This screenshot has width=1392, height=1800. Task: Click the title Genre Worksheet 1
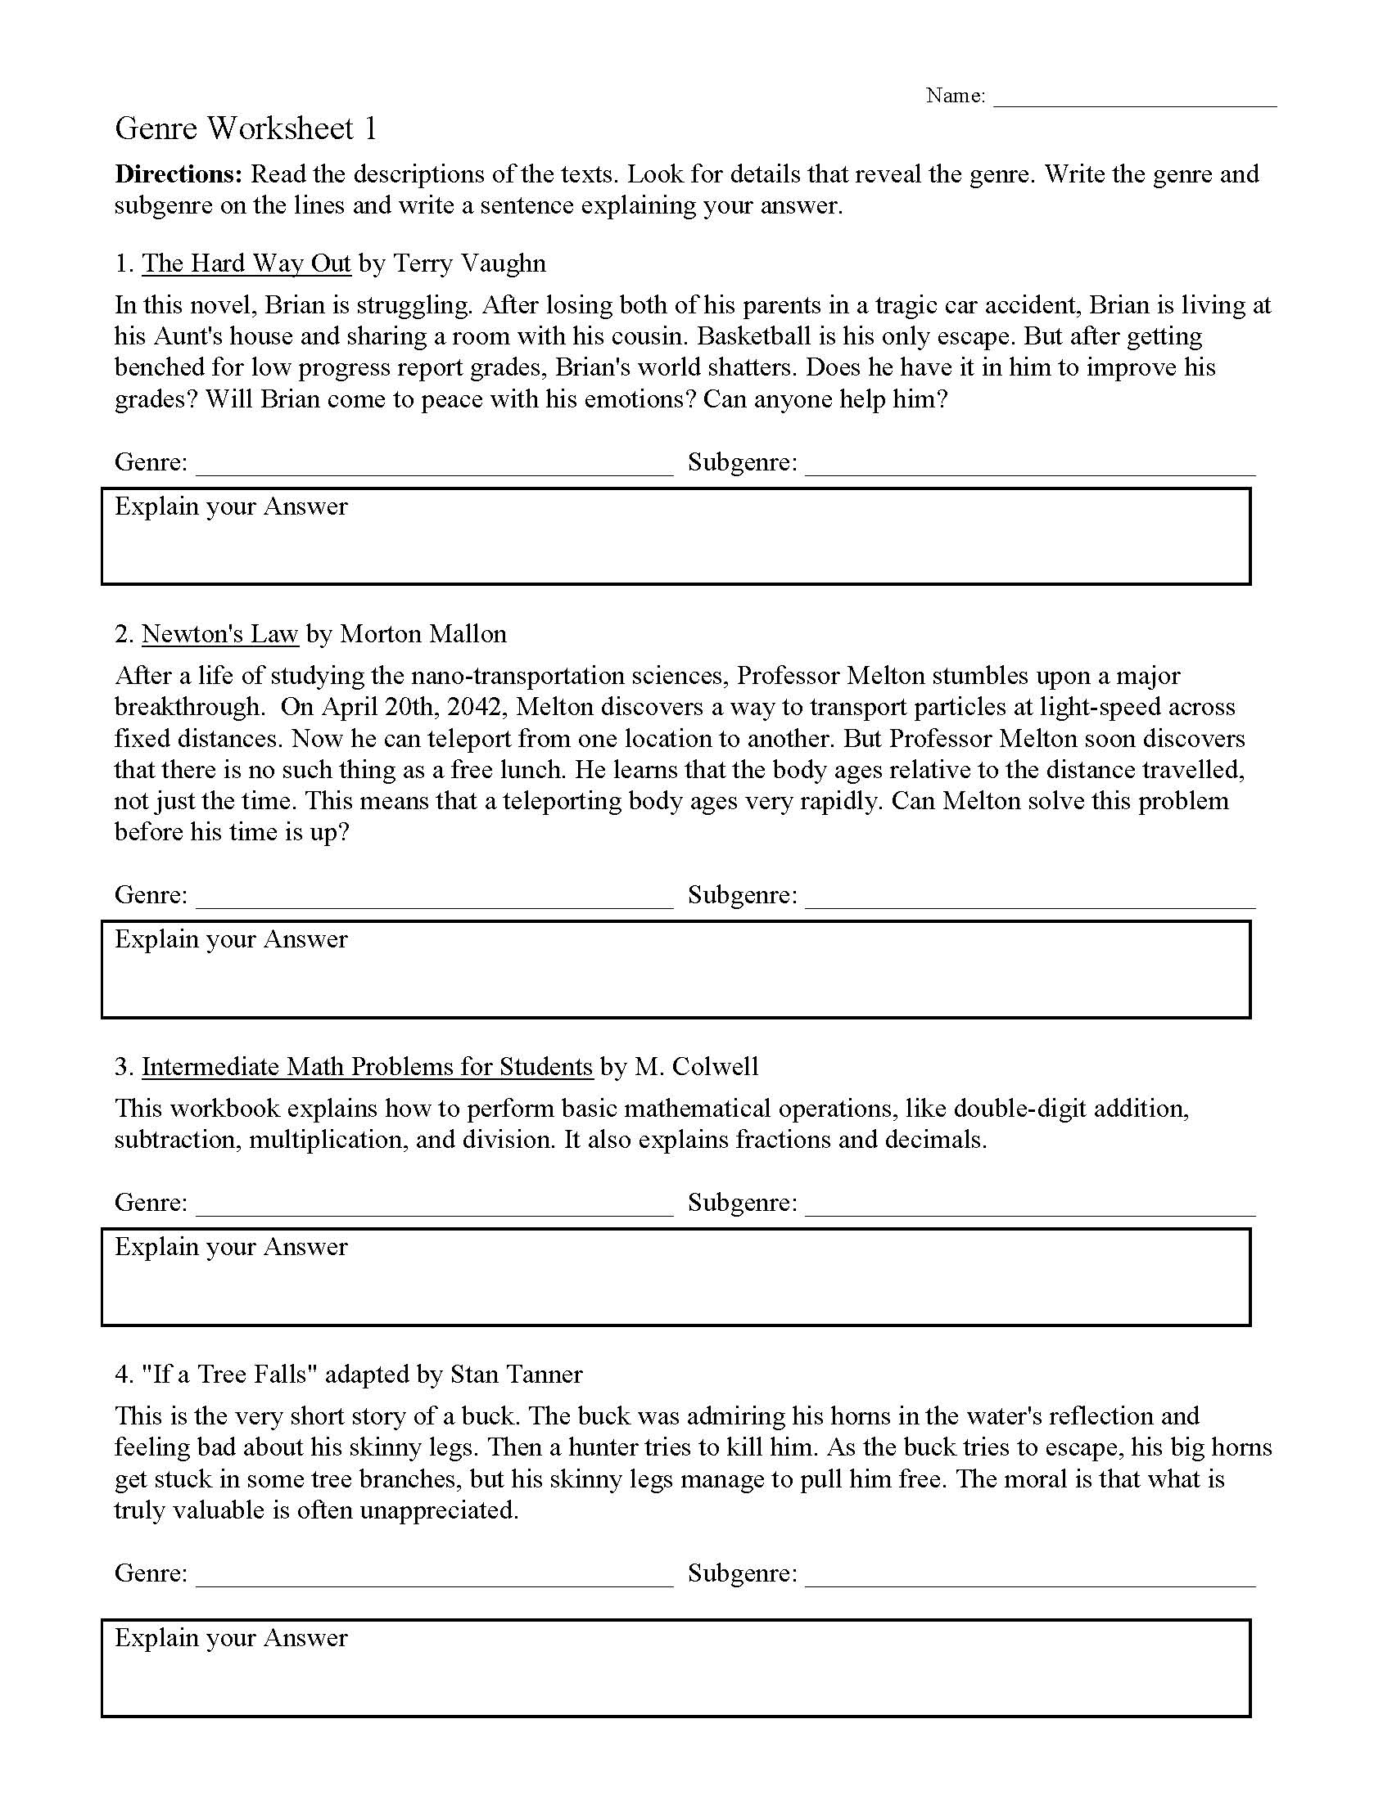coord(246,128)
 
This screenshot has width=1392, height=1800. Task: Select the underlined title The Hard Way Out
coord(246,263)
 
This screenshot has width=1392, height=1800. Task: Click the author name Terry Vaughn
coord(469,263)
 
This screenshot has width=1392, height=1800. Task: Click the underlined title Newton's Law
coord(219,634)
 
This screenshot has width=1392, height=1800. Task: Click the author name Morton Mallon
coord(423,634)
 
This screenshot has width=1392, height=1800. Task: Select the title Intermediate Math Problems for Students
coord(367,1066)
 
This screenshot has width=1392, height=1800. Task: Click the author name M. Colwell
coord(695,1066)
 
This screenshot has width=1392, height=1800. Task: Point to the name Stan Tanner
coord(516,1374)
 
